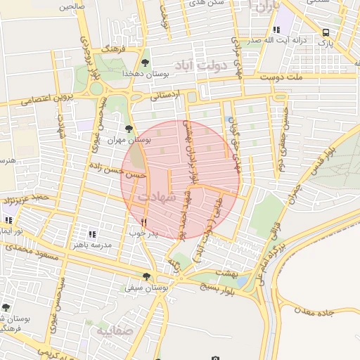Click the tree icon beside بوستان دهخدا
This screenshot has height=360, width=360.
pos(146,63)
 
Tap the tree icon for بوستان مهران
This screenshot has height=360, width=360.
pos(128,128)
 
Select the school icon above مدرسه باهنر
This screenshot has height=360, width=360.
pos(91,234)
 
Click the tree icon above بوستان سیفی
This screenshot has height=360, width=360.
pos(146,276)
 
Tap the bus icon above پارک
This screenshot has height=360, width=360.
pos(325,32)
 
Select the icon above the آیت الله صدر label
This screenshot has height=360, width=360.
pos(276,30)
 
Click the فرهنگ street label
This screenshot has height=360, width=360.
pos(114,51)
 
